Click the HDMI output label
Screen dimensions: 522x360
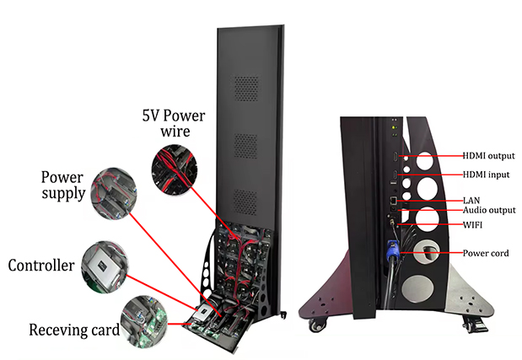pyautogui.click(x=488, y=156)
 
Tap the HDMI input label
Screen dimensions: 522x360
pyautogui.click(x=486, y=175)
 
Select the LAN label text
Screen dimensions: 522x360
pyautogui.click(x=471, y=201)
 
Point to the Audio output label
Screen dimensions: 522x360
pyautogui.click(x=489, y=210)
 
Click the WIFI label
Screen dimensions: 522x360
pyautogui.click(x=472, y=225)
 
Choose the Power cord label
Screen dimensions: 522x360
pyautogui.click(x=486, y=253)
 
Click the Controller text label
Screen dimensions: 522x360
pyautogui.click(x=41, y=266)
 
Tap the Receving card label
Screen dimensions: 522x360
pyautogui.click(x=74, y=330)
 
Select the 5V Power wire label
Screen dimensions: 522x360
pyautogui.click(x=174, y=123)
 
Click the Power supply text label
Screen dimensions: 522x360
pyautogui.click(x=63, y=185)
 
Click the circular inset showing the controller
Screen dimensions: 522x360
pyautogui.click(x=105, y=267)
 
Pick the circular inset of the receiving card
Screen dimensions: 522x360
pyautogui.click(x=144, y=321)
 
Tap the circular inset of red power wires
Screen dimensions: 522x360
pyautogui.click(x=174, y=169)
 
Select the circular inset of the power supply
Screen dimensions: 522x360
pyautogui.click(x=114, y=193)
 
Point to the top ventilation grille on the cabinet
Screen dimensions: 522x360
pyautogui.click(x=246, y=89)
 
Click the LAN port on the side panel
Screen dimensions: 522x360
pyautogui.click(x=394, y=201)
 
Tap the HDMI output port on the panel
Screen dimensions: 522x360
pyautogui.click(x=396, y=156)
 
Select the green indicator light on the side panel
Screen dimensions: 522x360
pyautogui.click(x=394, y=127)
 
